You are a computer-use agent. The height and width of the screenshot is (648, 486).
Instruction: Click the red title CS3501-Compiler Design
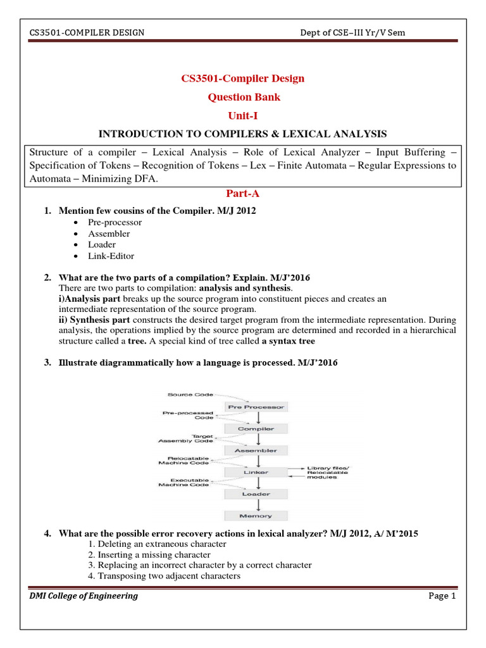(x=243, y=78)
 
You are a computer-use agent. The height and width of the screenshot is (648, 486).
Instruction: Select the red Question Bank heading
(x=243, y=97)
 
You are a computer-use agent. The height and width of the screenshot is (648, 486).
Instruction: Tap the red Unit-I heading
(x=243, y=116)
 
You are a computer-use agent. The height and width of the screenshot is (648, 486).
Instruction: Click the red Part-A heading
(x=243, y=193)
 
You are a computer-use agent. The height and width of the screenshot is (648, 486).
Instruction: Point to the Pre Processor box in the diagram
(x=256, y=407)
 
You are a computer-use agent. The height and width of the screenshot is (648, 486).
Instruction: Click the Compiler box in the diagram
(x=256, y=428)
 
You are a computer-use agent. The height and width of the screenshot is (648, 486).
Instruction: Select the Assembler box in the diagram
(x=256, y=451)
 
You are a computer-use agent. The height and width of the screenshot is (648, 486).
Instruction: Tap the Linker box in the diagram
(x=256, y=472)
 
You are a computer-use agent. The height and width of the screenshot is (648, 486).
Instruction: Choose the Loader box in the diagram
(x=256, y=494)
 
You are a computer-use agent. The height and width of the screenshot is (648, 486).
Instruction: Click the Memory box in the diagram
(x=256, y=516)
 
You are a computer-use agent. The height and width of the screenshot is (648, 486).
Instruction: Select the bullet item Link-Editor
(x=111, y=256)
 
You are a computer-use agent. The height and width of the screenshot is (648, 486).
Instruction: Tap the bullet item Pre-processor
(x=115, y=222)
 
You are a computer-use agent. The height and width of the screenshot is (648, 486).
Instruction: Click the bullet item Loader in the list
(x=102, y=245)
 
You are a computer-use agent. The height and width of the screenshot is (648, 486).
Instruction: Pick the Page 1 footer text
(x=441, y=595)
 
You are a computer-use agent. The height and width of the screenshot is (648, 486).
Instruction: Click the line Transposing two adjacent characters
(x=164, y=576)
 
